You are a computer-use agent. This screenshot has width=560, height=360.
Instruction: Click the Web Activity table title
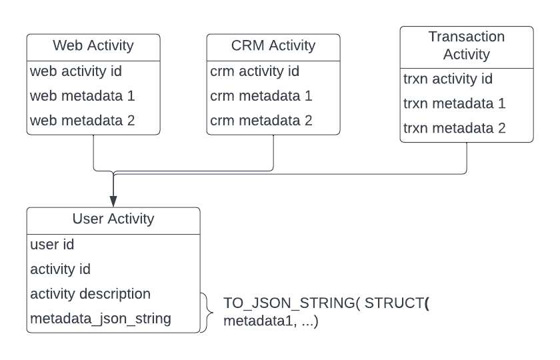(x=93, y=46)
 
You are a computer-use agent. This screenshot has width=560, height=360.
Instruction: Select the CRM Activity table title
(x=273, y=46)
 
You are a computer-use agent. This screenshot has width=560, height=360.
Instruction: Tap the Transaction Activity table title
(x=467, y=45)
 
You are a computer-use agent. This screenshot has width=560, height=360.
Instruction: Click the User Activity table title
(x=113, y=219)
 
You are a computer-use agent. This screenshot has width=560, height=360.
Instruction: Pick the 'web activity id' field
(x=75, y=71)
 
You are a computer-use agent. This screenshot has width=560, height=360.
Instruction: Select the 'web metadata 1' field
(x=82, y=96)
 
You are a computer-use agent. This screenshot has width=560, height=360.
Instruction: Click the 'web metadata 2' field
(x=82, y=121)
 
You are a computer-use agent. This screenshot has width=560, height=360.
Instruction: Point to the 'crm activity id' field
(x=255, y=71)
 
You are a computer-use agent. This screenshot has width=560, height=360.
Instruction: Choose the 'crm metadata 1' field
(x=261, y=96)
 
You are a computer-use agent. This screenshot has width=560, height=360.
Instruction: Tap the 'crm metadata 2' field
(x=261, y=121)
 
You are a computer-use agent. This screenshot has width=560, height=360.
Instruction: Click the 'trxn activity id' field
(x=448, y=79)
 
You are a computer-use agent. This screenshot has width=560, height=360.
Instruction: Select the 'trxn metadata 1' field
(x=454, y=103)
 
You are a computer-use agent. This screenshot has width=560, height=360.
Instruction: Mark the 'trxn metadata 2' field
(x=454, y=128)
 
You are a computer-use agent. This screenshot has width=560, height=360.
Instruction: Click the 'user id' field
(x=52, y=245)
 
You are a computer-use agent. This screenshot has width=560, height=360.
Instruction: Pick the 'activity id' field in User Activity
(x=60, y=269)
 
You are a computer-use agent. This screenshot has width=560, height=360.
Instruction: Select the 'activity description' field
(x=90, y=294)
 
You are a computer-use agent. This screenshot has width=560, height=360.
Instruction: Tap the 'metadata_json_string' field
(x=100, y=319)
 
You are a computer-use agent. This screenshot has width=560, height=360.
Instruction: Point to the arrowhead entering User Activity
(x=113, y=201)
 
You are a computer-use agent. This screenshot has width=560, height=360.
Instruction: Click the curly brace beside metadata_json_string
(x=208, y=312)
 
